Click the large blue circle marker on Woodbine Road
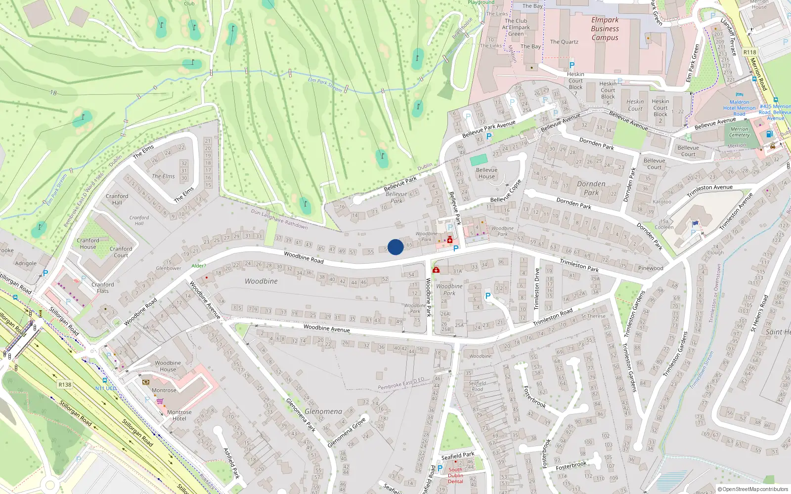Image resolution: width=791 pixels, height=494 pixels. (x=395, y=247)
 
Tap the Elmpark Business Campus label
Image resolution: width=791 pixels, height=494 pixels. (x=605, y=29)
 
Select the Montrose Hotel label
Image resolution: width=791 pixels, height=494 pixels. (x=179, y=415)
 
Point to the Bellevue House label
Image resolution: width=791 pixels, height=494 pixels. (x=486, y=173)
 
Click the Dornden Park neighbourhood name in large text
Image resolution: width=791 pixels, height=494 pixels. (x=591, y=188)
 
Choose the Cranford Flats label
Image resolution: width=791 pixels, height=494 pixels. (x=102, y=288)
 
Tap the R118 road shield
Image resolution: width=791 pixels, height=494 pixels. (x=749, y=52)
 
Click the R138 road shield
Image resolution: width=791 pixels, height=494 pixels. (x=65, y=384)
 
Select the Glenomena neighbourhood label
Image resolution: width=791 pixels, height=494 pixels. (x=323, y=411)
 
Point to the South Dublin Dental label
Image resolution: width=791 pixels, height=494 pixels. (x=455, y=475)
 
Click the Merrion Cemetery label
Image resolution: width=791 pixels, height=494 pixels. (x=740, y=132)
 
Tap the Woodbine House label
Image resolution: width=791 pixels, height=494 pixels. (x=168, y=366)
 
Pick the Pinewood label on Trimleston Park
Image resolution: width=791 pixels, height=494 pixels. (x=651, y=268)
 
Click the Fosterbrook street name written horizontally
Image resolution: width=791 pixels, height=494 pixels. (x=571, y=465)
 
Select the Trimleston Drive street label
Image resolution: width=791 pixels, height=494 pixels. (x=537, y=289)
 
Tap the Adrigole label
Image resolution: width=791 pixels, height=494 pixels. (x=26, y=263)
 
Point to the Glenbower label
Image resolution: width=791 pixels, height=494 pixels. (x=169, y=268)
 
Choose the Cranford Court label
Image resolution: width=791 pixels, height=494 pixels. (x=121, y=252)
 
